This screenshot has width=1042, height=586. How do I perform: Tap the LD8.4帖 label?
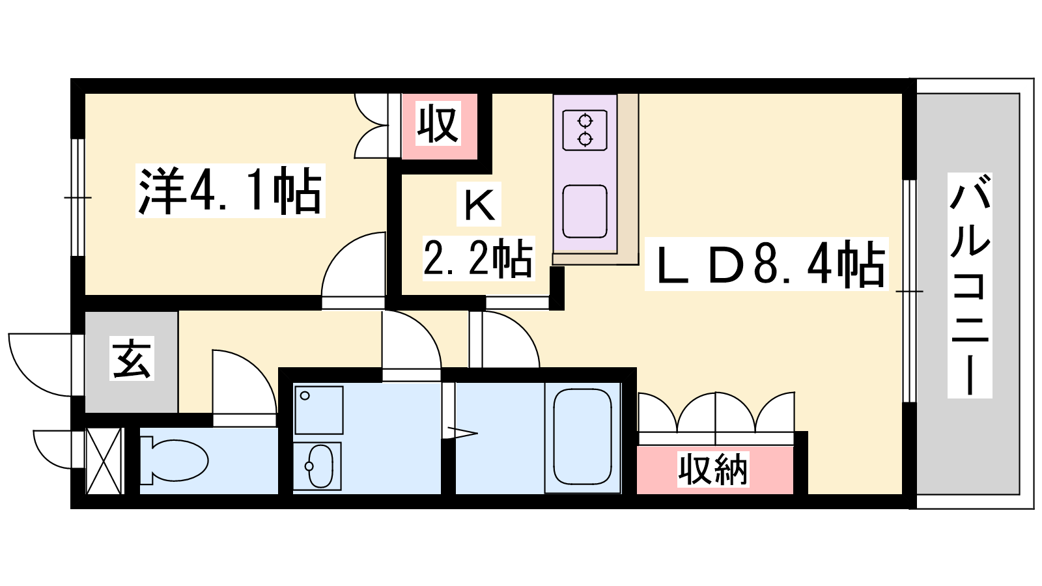(766, 264)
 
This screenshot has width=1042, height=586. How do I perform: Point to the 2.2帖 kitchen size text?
(479, 258)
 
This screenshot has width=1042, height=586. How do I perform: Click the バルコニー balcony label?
(970, 286)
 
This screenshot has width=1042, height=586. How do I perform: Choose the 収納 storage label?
(712, 469)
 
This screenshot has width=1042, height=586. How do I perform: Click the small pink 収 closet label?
(438, 123)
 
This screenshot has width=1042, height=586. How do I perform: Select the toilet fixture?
(175, 460)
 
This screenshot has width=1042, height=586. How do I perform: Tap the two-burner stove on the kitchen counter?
(585, 130)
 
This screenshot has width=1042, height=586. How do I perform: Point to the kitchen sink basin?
(585, 212)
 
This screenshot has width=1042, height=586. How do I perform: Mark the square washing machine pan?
(318, 410)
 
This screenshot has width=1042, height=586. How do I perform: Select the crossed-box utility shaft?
(104, 461)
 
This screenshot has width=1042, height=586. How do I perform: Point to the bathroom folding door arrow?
(462, 433)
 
